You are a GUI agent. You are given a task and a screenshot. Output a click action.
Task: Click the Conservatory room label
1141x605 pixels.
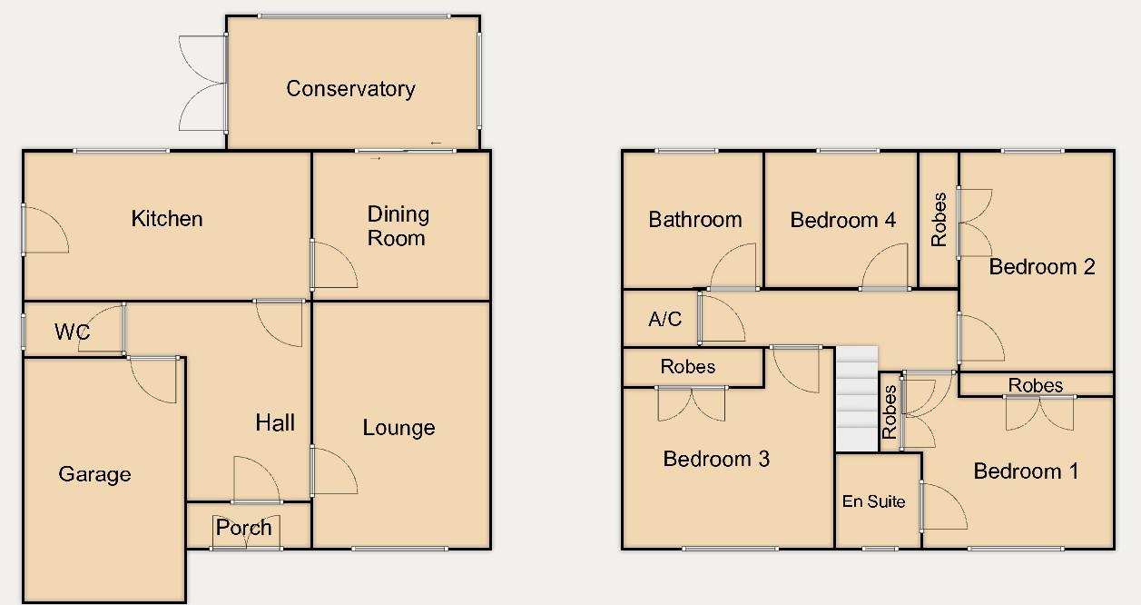(x=350, y=88)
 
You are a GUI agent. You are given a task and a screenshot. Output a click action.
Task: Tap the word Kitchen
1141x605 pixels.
(x=167, y=218)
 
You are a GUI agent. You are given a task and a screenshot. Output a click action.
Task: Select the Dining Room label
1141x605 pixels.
(x=398, y=226)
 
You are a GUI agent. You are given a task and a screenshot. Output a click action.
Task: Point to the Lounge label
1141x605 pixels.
(x=398, y=427)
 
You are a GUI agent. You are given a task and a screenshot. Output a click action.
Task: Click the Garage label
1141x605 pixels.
(x=94, y=473)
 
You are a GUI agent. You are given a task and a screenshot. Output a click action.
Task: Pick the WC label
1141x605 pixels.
(x=72, y=332)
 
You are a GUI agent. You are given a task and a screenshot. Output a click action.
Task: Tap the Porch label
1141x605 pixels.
(x=244, y=527)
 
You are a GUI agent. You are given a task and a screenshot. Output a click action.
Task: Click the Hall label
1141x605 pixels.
(x=275, y=422)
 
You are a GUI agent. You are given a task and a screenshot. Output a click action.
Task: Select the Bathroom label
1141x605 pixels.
(x=694, y=219)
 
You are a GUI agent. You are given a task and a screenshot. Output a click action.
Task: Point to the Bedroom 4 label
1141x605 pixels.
(x=842, y=219)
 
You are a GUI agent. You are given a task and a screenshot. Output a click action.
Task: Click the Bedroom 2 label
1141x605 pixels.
(x=1042, y=266)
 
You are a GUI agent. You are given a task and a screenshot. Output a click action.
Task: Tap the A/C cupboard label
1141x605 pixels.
(x=664, y=319)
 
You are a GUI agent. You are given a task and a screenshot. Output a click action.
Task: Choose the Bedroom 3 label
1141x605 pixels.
(x=716, y=459)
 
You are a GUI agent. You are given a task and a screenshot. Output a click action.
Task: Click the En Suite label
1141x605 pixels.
(x=873, y=501)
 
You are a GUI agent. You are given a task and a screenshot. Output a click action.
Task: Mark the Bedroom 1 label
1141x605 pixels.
(x=1026, y=471)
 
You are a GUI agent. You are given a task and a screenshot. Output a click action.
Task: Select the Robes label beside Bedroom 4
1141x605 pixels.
(x=939, y=219)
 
